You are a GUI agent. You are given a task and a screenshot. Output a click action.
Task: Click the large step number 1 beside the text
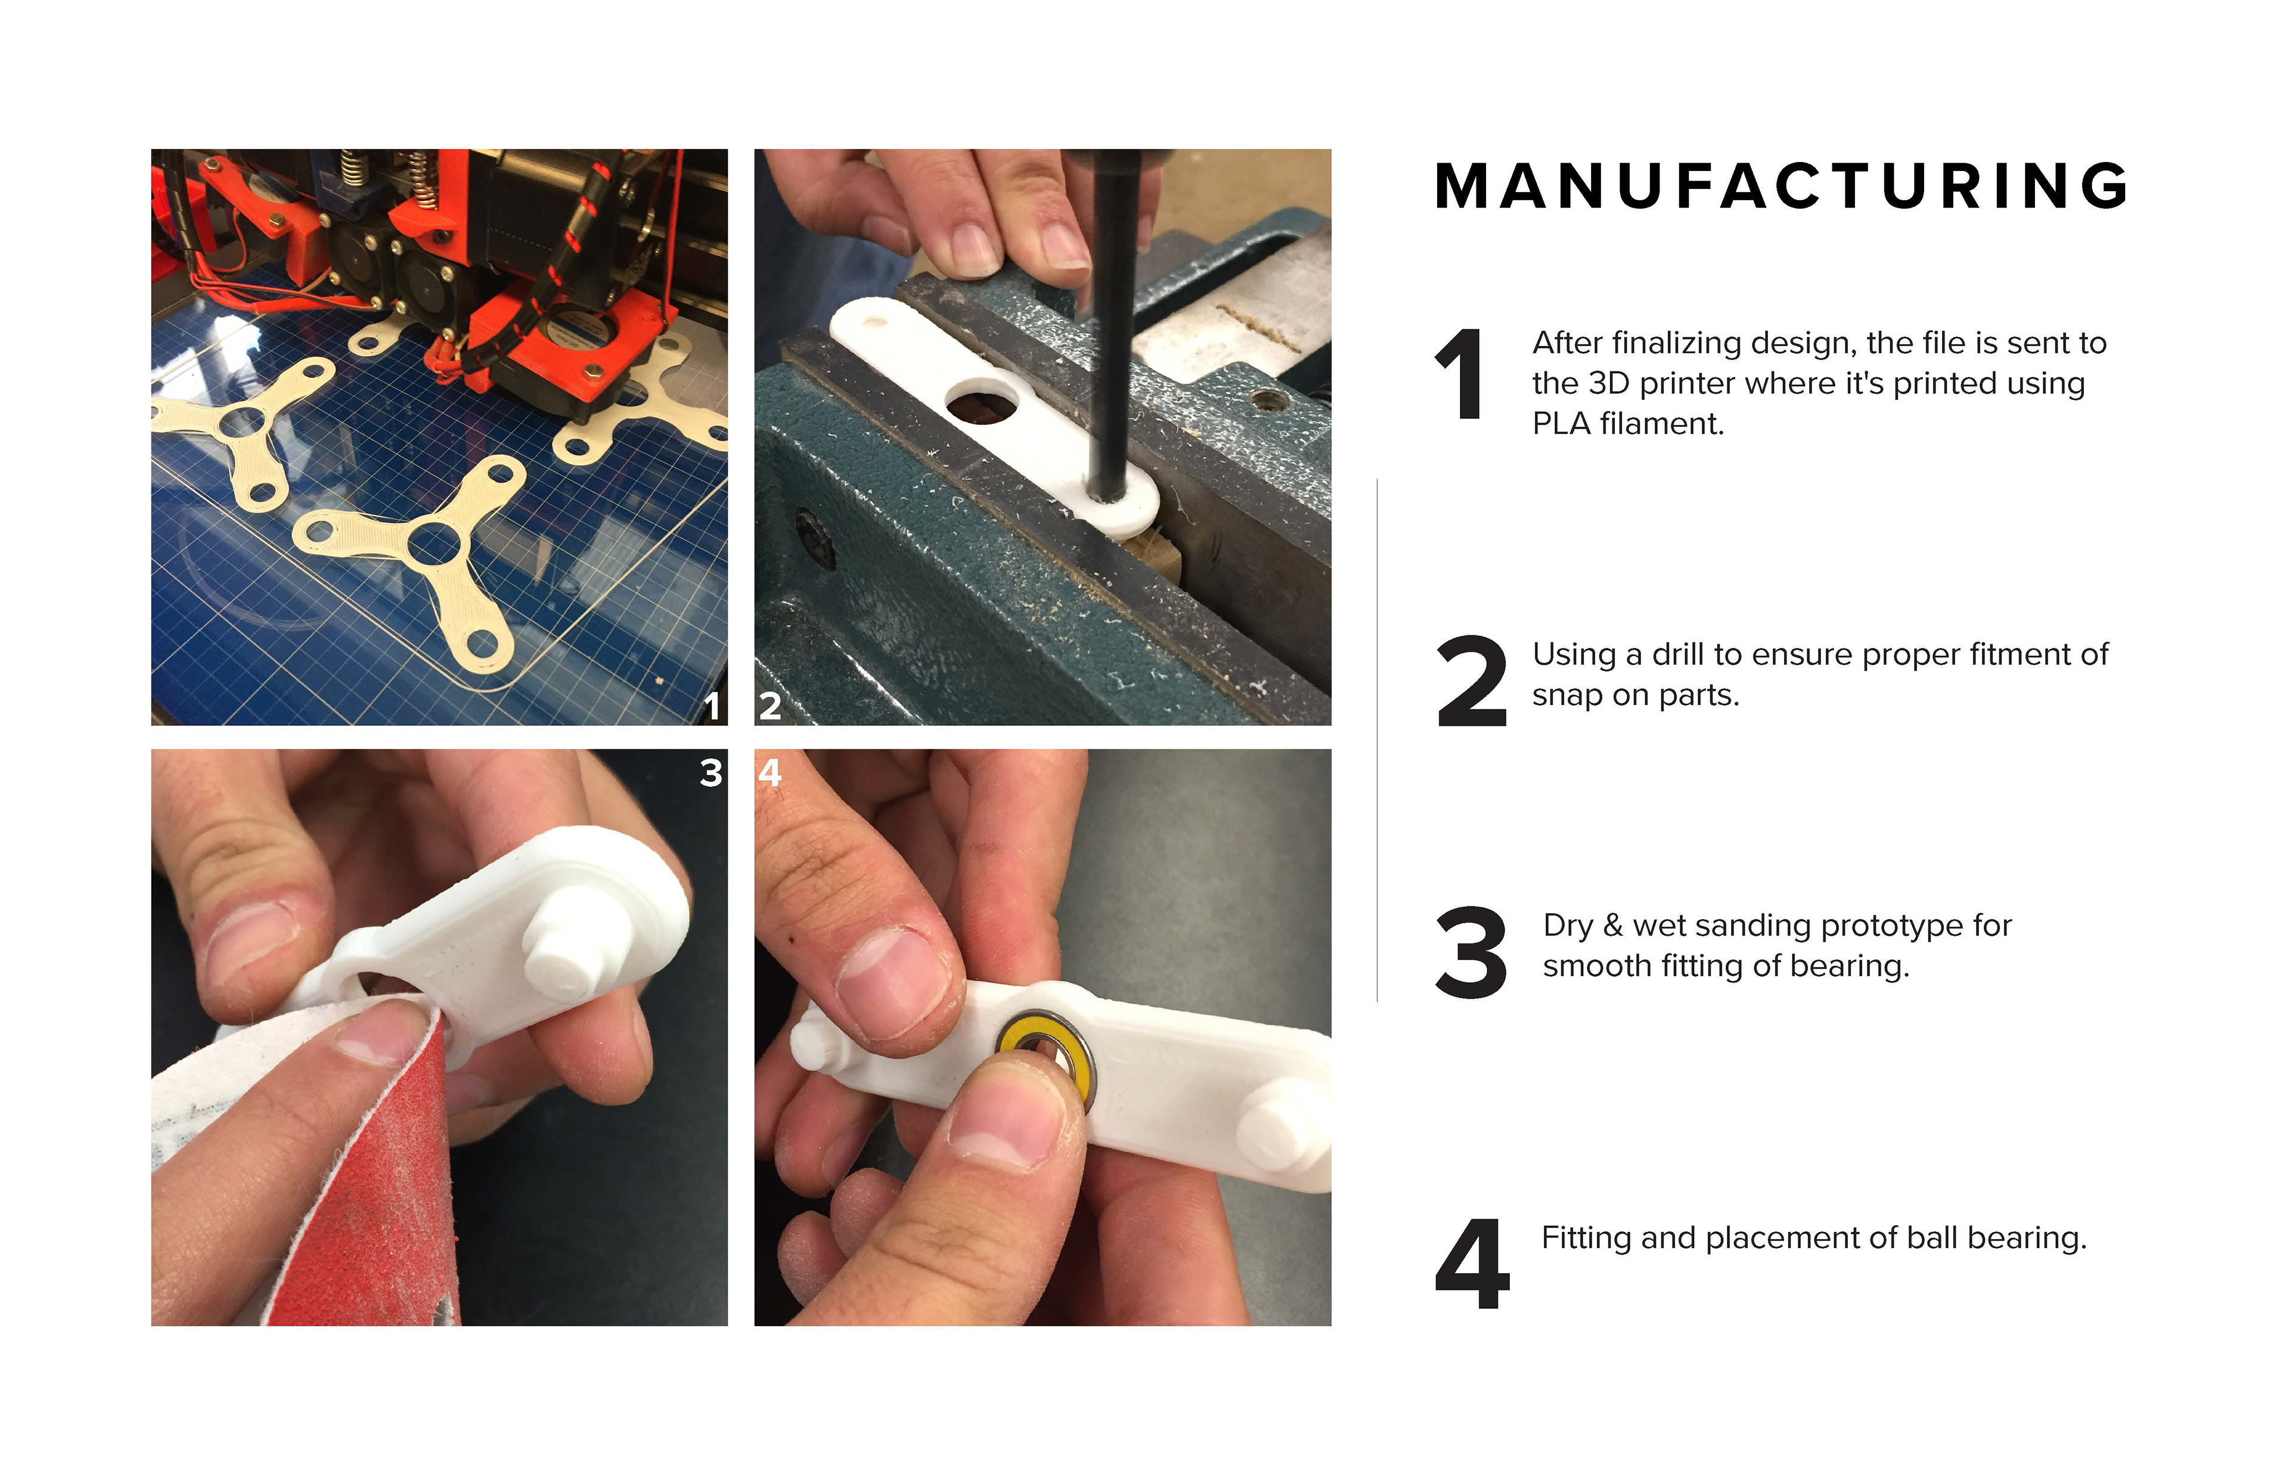[1460, 374]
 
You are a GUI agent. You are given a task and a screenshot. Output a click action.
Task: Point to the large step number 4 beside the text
[1472, 1263]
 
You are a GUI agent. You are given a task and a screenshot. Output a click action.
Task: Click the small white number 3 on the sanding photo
[711, 773]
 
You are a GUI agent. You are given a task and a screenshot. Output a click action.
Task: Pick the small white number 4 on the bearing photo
[770, 773]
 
